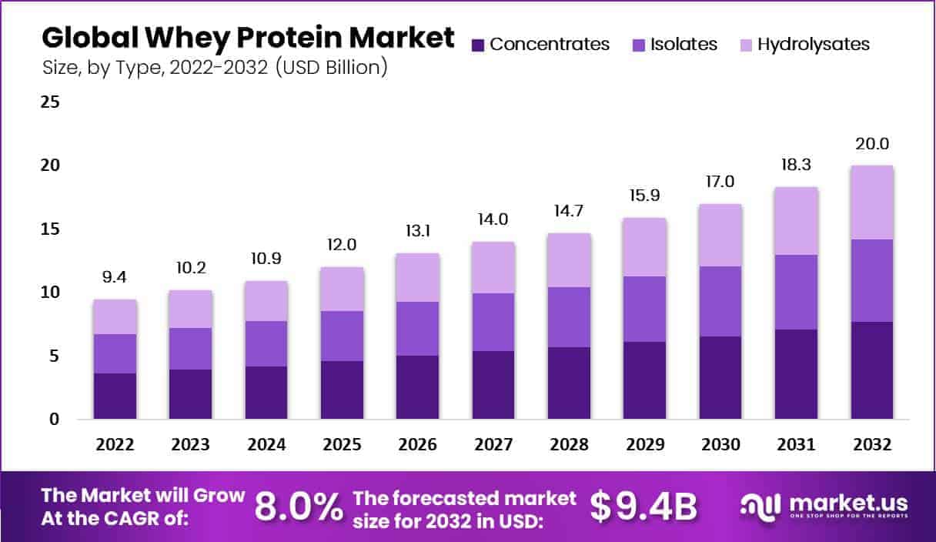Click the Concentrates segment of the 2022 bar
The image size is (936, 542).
[x=115, y=396]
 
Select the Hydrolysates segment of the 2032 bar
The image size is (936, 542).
[x=871, y=202]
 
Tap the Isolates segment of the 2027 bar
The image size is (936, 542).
[x=493, y=322]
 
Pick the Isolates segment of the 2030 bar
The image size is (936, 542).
[x=720, y=301]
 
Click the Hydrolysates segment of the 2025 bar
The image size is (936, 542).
[x=343, y=289]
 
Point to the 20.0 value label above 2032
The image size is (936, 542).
[x=871, y=144]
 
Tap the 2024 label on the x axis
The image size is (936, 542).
[x=266, y=445]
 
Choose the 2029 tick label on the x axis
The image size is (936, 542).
[x=645, y=445]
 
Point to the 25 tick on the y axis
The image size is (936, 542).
[x=51, y=102]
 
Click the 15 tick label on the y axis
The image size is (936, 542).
[x=51, y=229]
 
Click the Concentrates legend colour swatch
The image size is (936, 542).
[x=478, y=45]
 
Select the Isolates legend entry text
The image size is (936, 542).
[x=684, y=45]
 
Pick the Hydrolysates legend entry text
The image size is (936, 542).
[x=814, y=45]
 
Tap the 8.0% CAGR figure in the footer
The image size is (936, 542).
[x=299, y=506]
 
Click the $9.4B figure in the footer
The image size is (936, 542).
[x=643, y=506]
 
